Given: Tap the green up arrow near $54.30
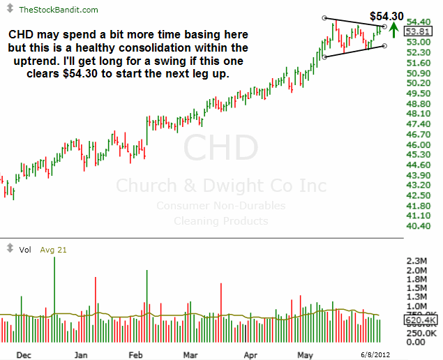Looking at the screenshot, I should point(394,29).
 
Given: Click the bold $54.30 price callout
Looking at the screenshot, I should point(385,15).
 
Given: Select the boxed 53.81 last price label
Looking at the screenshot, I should point(416,31).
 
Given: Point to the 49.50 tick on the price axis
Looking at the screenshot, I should point(416,93).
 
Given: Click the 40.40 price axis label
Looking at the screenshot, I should point(416,226).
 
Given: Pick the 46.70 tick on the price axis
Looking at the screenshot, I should point(416,134).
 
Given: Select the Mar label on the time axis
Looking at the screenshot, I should point(190,354).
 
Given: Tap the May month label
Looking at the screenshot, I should point(305,354).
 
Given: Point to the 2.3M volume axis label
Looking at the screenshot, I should point(416,260).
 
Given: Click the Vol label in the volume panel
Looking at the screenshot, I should point(24,249).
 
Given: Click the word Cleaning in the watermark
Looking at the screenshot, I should point(186,221).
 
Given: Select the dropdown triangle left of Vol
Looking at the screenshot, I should point(9,248).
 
